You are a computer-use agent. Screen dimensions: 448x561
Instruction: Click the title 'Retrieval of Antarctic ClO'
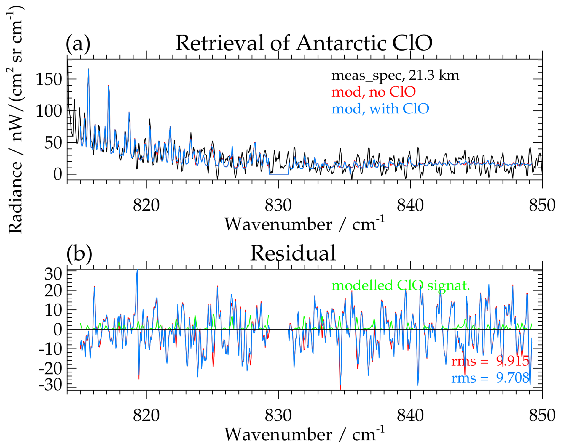click(304, 43)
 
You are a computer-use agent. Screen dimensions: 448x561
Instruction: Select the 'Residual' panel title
click(293, 253)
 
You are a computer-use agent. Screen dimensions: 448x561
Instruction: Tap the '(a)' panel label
click(78, 43)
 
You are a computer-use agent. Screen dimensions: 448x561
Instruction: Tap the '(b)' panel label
click(79, 253)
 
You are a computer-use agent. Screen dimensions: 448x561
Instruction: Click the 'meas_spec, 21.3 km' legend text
click(395, 76)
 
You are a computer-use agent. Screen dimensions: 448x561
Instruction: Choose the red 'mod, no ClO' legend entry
click(373, 92)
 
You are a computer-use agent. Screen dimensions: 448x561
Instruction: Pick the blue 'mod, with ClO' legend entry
click(380, 109)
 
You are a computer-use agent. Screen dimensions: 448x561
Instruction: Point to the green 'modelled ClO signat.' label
click(400, 285)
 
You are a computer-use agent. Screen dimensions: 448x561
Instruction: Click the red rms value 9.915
click(513, 361)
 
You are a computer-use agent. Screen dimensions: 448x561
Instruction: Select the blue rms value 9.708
click(513, 378)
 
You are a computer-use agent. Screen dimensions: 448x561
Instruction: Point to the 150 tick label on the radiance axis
click(49, 79)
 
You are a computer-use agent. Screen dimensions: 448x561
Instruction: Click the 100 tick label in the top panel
click(49, 111)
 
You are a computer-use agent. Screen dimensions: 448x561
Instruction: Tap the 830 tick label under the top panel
click(278, 205)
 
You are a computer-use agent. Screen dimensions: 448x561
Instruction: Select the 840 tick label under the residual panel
click(410, 415)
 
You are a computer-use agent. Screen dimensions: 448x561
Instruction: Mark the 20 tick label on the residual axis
click(53, 291)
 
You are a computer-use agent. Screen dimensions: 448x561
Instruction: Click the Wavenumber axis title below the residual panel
click(304, 435)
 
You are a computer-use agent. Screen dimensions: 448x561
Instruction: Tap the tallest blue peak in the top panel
click(88, 70)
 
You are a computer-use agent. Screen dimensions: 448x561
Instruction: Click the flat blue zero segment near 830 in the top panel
click(279, 174)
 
